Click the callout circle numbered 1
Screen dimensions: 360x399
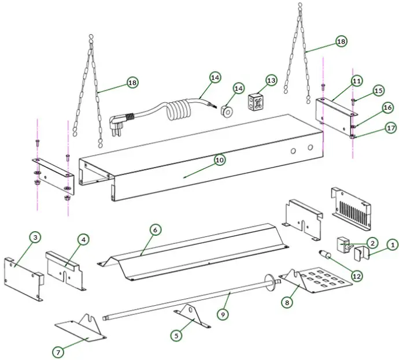click(x=391, y=245)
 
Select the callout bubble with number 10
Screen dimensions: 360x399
click(x=219, y=160)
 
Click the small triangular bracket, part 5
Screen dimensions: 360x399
click(x=189, y=316)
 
